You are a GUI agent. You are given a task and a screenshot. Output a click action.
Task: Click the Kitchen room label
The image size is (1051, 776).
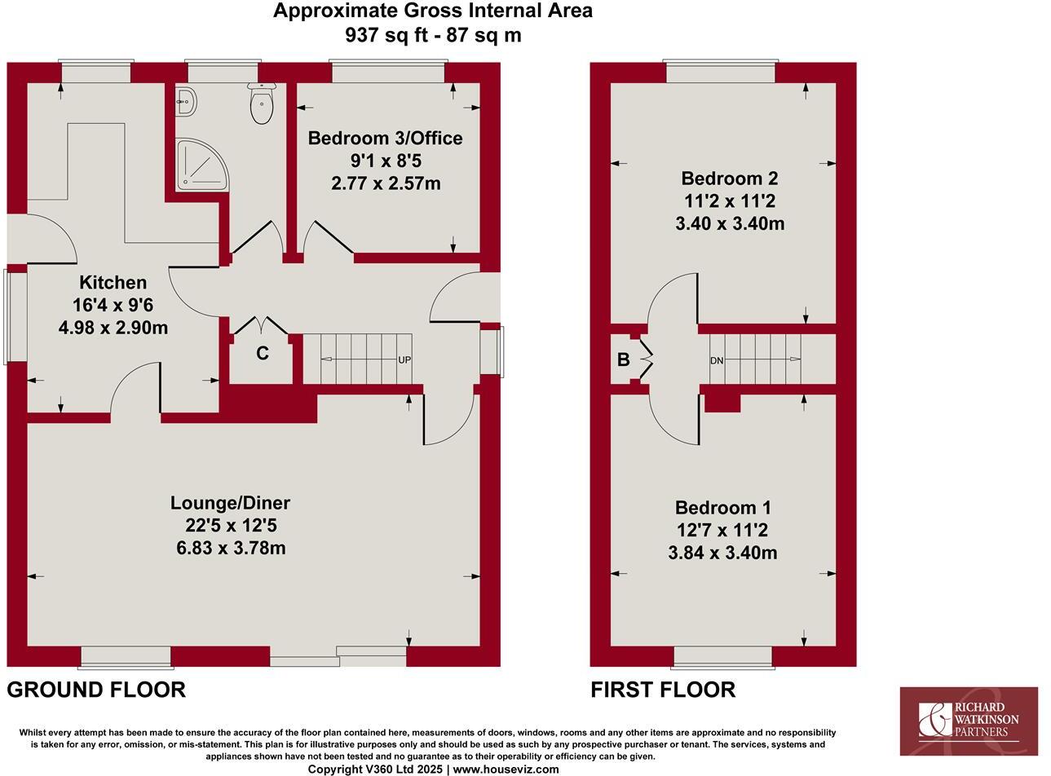pyautogui.click(x=113, y=283)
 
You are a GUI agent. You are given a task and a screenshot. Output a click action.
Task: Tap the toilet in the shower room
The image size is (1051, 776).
pyautogui.click(x=262, y=106)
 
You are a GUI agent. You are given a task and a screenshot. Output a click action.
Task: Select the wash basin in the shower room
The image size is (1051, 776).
pyautogui.click(x=185, y=101)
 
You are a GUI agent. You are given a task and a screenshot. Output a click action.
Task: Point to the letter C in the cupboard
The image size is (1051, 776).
pyautogui.click(x=263, y=354)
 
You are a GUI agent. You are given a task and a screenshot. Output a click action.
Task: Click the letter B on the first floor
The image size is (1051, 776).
pyautogui.click(x=623, y=359)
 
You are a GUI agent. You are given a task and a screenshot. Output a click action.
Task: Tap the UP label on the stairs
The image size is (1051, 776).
pyautogui.click(x=404, y=359)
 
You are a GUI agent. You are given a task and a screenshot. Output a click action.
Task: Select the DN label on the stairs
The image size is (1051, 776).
pyautogui.click(x=717, y=360)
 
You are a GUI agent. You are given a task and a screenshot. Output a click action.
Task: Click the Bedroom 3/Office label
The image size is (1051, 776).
pyautogui.click(x=385, y=139)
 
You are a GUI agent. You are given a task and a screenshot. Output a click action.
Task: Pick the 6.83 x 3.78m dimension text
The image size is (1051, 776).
pyautogui.click(x=231, y=548)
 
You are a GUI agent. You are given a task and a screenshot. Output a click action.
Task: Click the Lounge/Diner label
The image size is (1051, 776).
pyautogui.click(x=231, y=503)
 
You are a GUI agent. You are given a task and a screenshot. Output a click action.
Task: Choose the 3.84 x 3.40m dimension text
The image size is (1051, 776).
pyautogui.click(x=722, y=553)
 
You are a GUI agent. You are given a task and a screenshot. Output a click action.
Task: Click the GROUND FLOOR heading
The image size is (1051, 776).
pyautogui.click(x=96, y=690)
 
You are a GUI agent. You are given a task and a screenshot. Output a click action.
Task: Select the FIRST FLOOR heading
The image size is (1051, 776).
pyautogui.click(x=663, y=690)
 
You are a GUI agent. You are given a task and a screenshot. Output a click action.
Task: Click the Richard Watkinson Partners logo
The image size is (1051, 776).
pyautogui.click(x=969, y=721)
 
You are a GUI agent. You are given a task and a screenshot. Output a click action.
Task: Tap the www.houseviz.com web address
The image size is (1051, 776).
pyautogui.click(x=506, y=769)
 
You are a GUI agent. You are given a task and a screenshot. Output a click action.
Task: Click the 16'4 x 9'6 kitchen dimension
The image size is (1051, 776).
pyautogui.click(x=113, y=306)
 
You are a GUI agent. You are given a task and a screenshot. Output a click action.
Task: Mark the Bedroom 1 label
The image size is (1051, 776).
pyautogui.click(x=722, y=508)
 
